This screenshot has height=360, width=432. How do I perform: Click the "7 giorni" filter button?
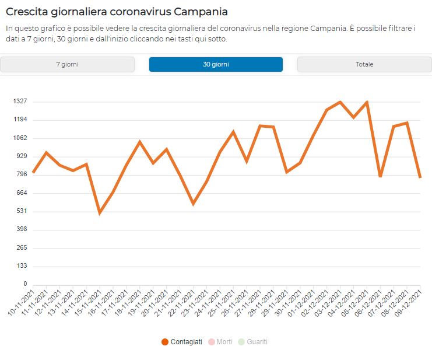pos(67,64)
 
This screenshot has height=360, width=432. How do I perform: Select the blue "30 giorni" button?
pos(216,64)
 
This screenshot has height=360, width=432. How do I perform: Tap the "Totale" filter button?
pos(364,64)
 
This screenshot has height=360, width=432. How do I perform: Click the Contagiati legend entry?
pos(182,342)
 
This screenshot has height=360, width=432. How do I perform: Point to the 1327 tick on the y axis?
pos(20,101)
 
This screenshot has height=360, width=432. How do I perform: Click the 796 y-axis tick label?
pos(22,174)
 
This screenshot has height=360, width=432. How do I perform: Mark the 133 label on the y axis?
pos(22,266)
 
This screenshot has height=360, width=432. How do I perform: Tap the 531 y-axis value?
pos(22,211)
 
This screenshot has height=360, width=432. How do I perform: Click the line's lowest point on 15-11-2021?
pos(100,213)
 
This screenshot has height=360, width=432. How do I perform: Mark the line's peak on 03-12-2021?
pos(340,102)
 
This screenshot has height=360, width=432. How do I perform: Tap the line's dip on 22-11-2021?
pos(193,204)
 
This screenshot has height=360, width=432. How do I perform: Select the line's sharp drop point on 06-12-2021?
pos(380,176)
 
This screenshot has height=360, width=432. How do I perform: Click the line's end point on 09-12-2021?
pos(420,177)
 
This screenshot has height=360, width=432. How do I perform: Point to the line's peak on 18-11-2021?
pos(140,142)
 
